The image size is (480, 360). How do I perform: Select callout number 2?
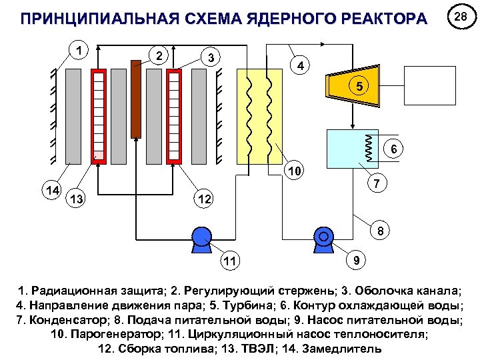[158, 55]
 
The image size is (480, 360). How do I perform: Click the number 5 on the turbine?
[359, 87]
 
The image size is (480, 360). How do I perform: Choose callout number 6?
[394, 149]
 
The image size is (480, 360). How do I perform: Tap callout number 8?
[379, 232]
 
